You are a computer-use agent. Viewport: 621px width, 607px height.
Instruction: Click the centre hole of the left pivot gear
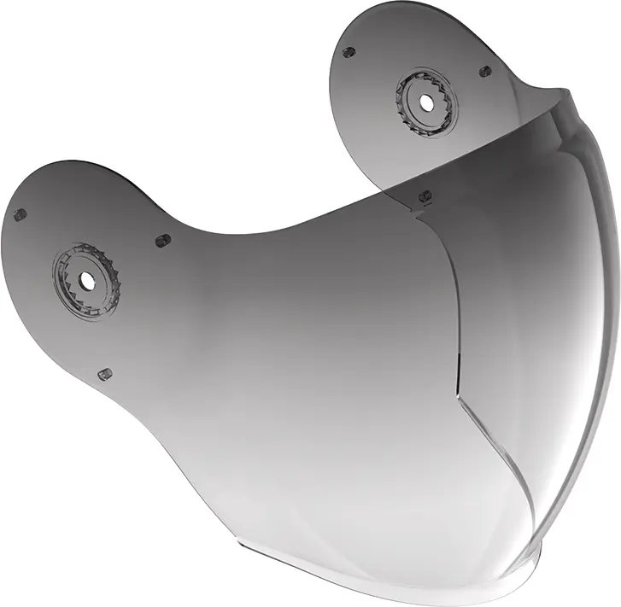87,279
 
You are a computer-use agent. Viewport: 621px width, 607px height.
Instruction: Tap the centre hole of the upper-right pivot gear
425,102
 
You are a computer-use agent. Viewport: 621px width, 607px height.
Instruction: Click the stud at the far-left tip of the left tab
20,214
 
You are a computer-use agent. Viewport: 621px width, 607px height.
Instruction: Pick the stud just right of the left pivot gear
162,241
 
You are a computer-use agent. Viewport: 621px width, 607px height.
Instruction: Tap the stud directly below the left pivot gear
105,374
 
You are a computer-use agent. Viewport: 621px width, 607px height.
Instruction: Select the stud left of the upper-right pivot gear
349,52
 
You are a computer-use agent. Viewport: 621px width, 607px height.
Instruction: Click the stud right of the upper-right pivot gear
485,72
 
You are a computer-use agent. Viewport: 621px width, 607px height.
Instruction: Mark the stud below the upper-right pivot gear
425,196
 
